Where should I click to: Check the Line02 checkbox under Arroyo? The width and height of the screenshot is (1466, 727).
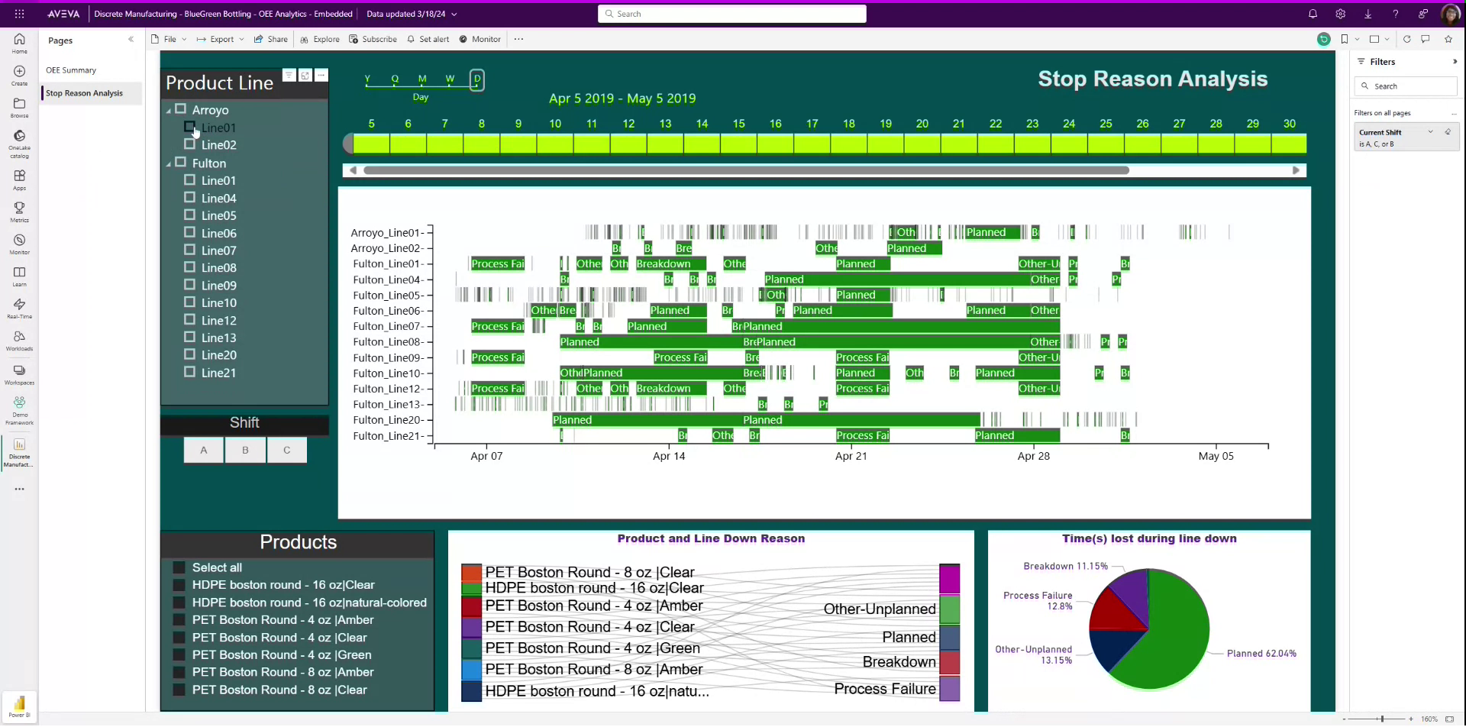pos(189,144)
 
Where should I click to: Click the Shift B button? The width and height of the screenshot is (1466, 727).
pos(245,450)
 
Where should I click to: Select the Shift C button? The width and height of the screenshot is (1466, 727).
pos(286,450)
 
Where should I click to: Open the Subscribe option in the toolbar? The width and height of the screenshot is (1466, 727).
pos(373,39)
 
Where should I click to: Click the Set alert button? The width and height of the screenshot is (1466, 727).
pos(428,39)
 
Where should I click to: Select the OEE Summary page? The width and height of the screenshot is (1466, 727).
pos(71,70)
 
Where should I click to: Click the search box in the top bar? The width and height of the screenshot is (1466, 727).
pos(731,14)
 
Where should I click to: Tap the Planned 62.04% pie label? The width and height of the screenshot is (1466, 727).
pos(1261,654)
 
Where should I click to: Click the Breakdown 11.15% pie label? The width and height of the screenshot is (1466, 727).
pos(1065,566)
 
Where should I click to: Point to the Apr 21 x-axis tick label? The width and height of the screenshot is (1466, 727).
pos(851,456)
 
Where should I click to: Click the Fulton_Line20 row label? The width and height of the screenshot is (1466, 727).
pos(387,420)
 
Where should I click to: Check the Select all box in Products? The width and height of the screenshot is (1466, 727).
pos(179,567)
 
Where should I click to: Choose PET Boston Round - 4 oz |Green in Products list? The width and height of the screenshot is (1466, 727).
pos(179,654)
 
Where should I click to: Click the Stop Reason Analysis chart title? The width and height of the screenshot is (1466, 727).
pos(1152,79)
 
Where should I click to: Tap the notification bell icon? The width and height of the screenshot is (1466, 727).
pos(1313,14)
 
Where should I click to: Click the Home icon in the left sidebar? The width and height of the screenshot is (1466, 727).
pos(19,43)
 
